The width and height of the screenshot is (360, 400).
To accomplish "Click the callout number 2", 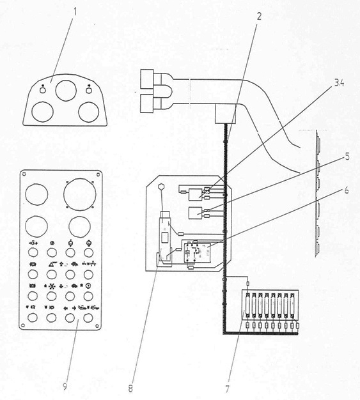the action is [x=259, y=17].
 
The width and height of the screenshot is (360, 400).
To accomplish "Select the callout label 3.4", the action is [x=338, y=83].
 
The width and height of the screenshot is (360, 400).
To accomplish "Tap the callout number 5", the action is [x=347, y=157].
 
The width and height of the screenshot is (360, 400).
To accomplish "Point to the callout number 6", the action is [x=347, y=190].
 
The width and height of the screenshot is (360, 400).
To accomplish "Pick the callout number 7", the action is [x=227, y=389].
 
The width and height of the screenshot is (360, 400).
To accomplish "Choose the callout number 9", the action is [x=65, y=387].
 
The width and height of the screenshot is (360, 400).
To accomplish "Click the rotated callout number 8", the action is [x=130, y=388].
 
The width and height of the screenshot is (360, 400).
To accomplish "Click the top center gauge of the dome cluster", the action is [x=66, y=91].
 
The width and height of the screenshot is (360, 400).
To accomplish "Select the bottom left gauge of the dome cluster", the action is [x=42, y=112].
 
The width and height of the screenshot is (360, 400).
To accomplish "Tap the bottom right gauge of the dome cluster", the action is [x=89, y=112].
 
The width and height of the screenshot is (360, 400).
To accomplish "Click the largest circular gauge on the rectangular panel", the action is [x=80, y=194].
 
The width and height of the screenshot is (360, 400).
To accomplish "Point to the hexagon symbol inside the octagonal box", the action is [x=161, y=187].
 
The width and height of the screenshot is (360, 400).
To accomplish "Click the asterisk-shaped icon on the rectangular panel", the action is [x=52, y=286].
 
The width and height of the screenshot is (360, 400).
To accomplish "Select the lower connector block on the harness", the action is [x=147, y=104].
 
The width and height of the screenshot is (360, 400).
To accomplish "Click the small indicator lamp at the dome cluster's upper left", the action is [x=43, y=90].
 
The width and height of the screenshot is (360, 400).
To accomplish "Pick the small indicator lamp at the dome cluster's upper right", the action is [x=89, y=90].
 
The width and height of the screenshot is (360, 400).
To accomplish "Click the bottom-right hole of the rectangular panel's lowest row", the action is [x=88, y=318].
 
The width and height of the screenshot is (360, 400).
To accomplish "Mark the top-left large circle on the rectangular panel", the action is [x=36, y=194].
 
